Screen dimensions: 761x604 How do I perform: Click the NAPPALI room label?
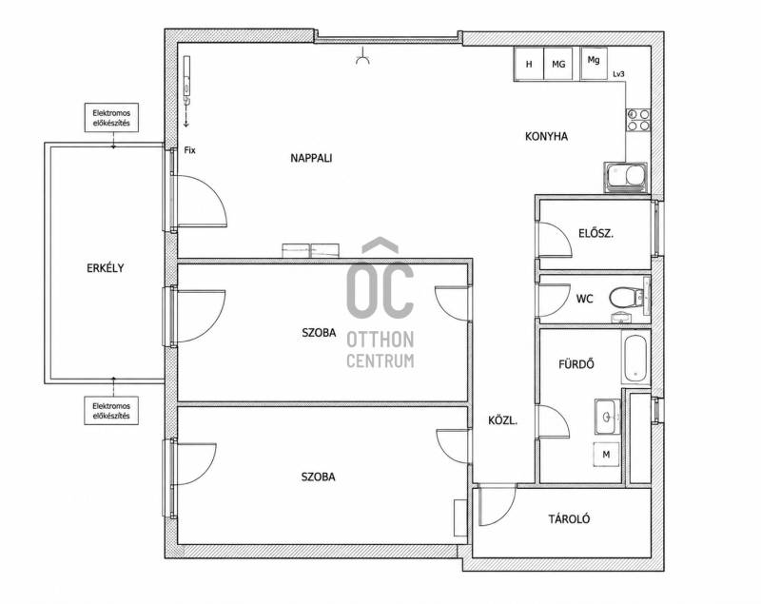point(311,158)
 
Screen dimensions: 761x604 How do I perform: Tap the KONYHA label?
point(546,136)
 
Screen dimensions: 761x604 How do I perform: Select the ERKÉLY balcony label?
point(106,268)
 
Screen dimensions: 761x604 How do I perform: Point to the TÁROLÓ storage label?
point(569,519)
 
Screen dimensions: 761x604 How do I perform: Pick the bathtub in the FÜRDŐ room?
point(635,358)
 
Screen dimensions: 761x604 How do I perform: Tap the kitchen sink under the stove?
point(626,177)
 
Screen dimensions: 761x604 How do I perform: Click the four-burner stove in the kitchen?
point(638,120)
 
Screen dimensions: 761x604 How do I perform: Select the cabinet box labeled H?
point(529,64)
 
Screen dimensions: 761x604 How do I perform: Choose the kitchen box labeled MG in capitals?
point(558,64)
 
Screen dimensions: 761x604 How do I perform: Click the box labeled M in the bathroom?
point(606,455)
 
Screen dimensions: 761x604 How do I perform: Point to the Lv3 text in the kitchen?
point(618,74)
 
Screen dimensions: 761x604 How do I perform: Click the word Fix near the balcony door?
point(189,150)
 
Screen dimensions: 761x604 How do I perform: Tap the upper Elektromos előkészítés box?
point(111,117)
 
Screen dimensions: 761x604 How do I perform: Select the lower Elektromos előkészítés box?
point(111,411)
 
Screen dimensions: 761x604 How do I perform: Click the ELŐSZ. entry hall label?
point(596,233)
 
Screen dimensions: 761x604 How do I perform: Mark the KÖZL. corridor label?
point(503,420)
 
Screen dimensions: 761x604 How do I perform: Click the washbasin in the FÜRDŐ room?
point(607,418)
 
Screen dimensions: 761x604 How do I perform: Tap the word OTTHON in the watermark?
point(380,341)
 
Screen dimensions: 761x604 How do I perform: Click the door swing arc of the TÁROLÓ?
point(507,516)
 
